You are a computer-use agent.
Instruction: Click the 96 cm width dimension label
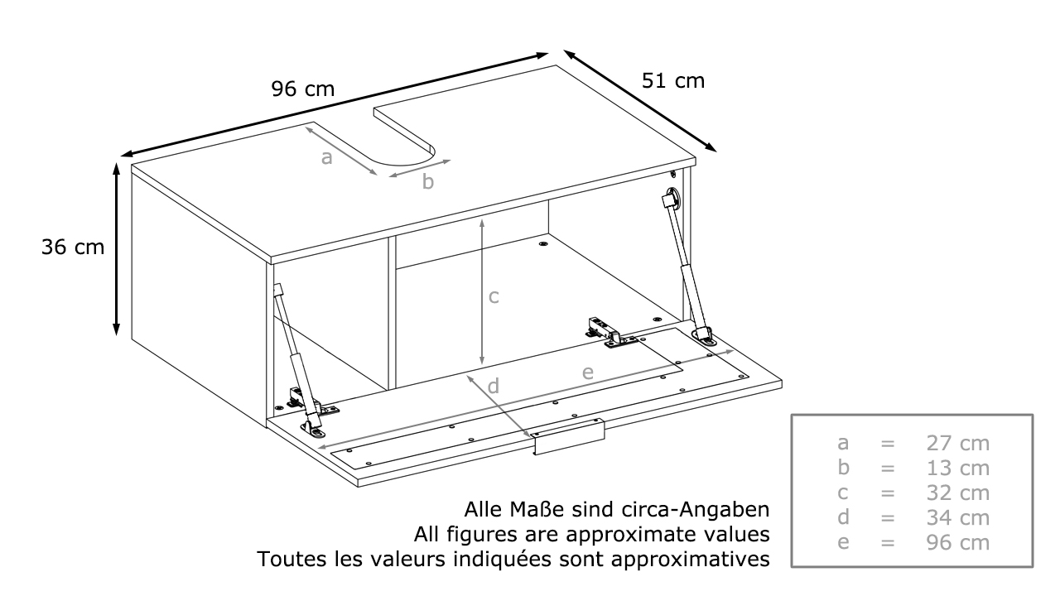(x=303, y=89)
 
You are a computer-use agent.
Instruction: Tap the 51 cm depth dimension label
(x=673, y=81)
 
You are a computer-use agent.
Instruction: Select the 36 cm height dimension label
(x=73, y=248)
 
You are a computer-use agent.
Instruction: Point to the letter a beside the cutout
(x=326, y=158)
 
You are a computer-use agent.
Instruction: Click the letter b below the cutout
(x=428, y=181)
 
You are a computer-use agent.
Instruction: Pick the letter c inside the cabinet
(x=494, y=297)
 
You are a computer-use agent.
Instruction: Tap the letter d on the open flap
(x=493, y=386)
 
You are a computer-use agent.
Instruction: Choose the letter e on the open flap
(x=588, y=372)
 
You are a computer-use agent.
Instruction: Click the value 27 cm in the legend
(x=958, y=443)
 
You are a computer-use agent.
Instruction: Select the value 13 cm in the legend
(x=958, y=469)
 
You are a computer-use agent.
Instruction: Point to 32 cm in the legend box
(x=958, y=493)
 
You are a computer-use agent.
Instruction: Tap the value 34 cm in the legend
(x=958, y=517)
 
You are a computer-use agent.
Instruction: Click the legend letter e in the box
(x=843, y=542)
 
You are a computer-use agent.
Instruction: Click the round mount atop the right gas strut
(x=672, y=197)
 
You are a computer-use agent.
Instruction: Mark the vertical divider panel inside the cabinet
(x=392, y=313)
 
